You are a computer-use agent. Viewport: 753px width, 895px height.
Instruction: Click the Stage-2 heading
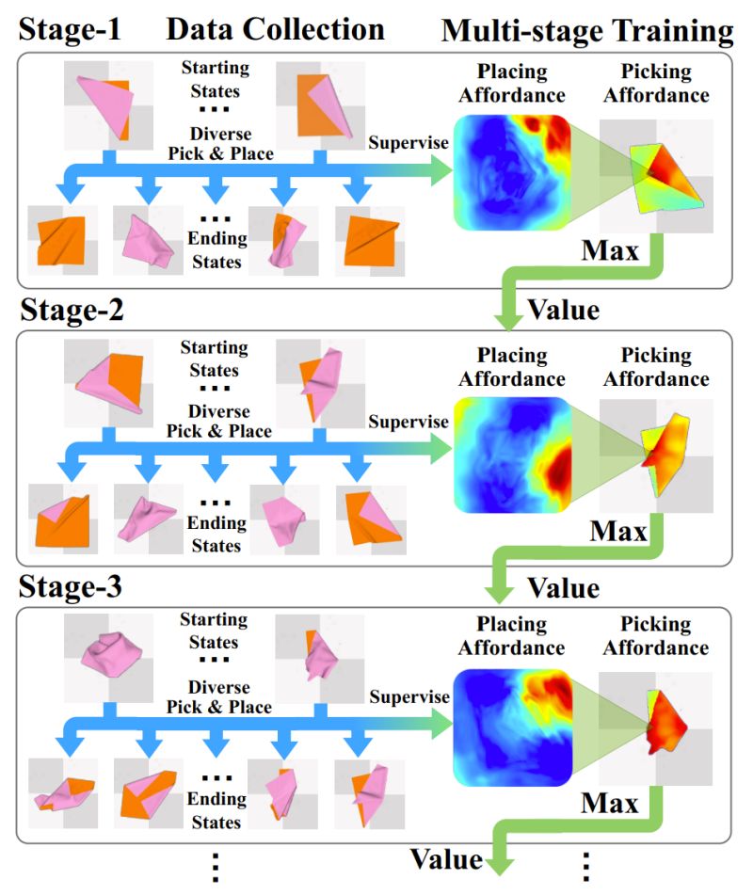(x=73, y=311)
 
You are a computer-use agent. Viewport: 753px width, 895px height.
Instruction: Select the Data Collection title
(x=275, y=29)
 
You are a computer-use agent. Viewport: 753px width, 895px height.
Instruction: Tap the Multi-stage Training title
(x=586, y=31)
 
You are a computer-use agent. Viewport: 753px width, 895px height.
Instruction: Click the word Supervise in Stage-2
(x=409, y=422)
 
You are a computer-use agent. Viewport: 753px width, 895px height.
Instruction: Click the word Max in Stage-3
(x=609, y=804)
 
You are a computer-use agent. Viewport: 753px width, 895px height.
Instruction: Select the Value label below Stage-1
(x=563, y=308)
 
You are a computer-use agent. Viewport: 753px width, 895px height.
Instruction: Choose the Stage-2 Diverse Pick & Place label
(x=218, y=422)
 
